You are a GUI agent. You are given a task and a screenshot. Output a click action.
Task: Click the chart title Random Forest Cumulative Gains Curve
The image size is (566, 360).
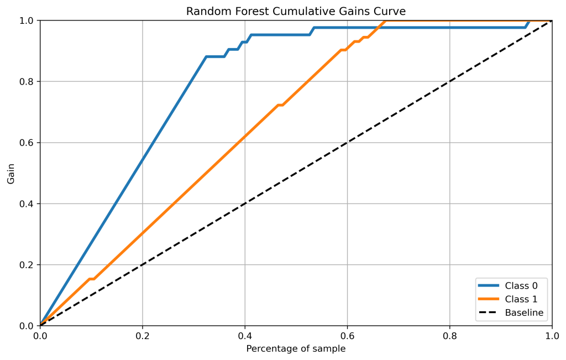[x=296, y=11]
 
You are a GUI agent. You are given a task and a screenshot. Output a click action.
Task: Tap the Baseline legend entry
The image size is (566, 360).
[x=524, y=312]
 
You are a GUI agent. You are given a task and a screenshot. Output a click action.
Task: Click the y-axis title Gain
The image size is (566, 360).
[x=11, y=173]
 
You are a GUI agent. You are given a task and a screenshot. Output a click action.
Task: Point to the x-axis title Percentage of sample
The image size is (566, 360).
[x=296, y=348]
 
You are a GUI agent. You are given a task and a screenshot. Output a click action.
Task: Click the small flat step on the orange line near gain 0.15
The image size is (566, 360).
[x=92, y=279]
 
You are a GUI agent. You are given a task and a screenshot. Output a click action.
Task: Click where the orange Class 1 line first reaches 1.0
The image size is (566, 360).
[x=385, y=20]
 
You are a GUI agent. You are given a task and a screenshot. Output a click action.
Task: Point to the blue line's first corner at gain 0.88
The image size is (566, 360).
[x=206, y=56]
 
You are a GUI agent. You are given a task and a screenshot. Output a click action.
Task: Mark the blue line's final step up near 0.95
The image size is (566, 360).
[x=527, y=24]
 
